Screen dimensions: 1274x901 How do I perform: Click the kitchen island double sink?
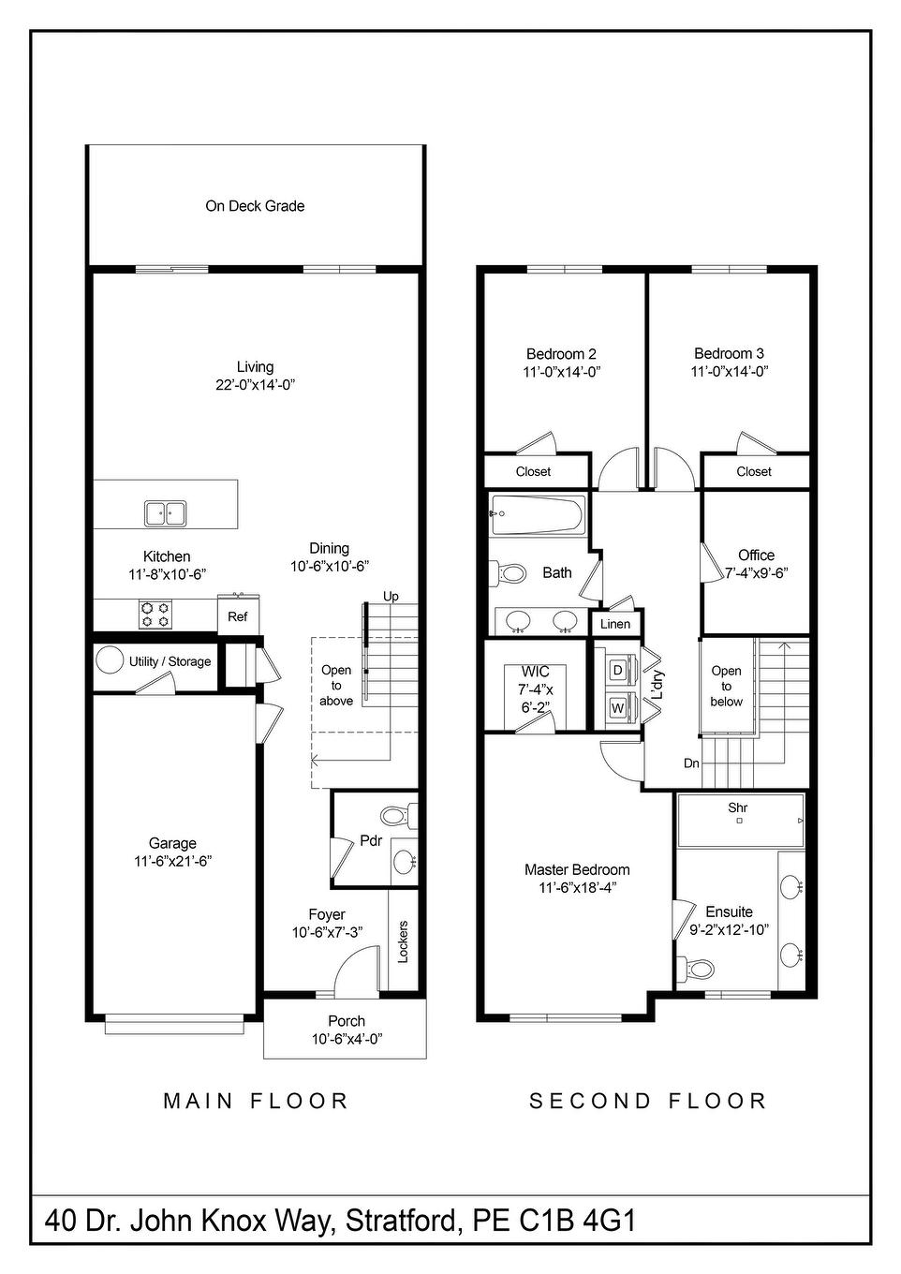pos(165,513)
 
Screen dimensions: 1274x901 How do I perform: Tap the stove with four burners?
pos(155,615)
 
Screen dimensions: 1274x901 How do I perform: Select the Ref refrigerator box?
pos(238,616)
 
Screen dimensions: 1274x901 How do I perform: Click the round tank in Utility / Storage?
pos(111,660)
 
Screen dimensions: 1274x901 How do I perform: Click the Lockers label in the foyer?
pos(404,941)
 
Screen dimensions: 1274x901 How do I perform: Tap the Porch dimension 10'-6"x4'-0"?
pos(347,1038)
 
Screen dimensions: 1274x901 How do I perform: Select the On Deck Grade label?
pos(255,206)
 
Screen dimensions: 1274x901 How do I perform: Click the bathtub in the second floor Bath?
pos(539,513)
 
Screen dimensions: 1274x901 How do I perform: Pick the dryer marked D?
pos(617,670)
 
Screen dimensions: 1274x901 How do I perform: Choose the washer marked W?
pos(617,708)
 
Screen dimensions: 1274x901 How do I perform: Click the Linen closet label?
pos(615,624)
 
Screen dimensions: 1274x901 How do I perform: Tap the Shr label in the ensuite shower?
pos(738,807)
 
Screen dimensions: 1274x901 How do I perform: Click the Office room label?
pos(756,555)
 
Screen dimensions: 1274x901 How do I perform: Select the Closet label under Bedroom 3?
pos(754,471)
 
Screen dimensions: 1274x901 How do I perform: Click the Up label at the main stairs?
pos(391,597)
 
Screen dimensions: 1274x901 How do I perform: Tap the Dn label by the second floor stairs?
pos(691,763)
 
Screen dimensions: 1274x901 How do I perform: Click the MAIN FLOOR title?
pos(256,1101)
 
